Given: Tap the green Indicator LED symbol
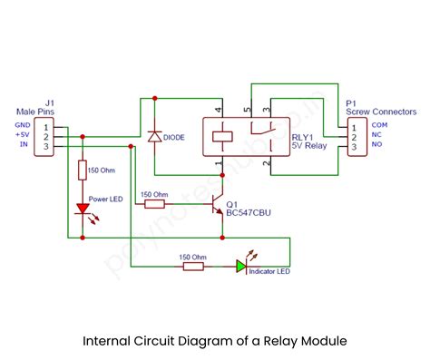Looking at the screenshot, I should click(240, 266).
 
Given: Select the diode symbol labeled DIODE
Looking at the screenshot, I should click(154, 136).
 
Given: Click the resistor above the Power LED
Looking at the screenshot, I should click(83, 170).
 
